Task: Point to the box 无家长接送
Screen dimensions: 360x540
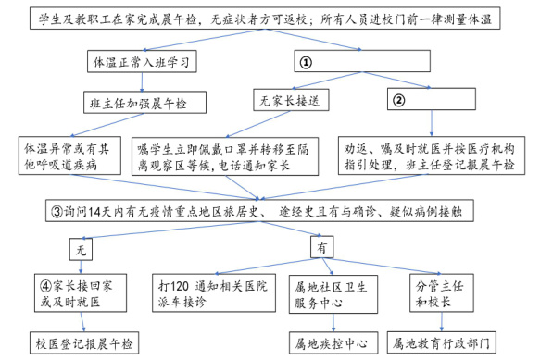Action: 291,99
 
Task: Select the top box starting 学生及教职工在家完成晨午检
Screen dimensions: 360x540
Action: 269,19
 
